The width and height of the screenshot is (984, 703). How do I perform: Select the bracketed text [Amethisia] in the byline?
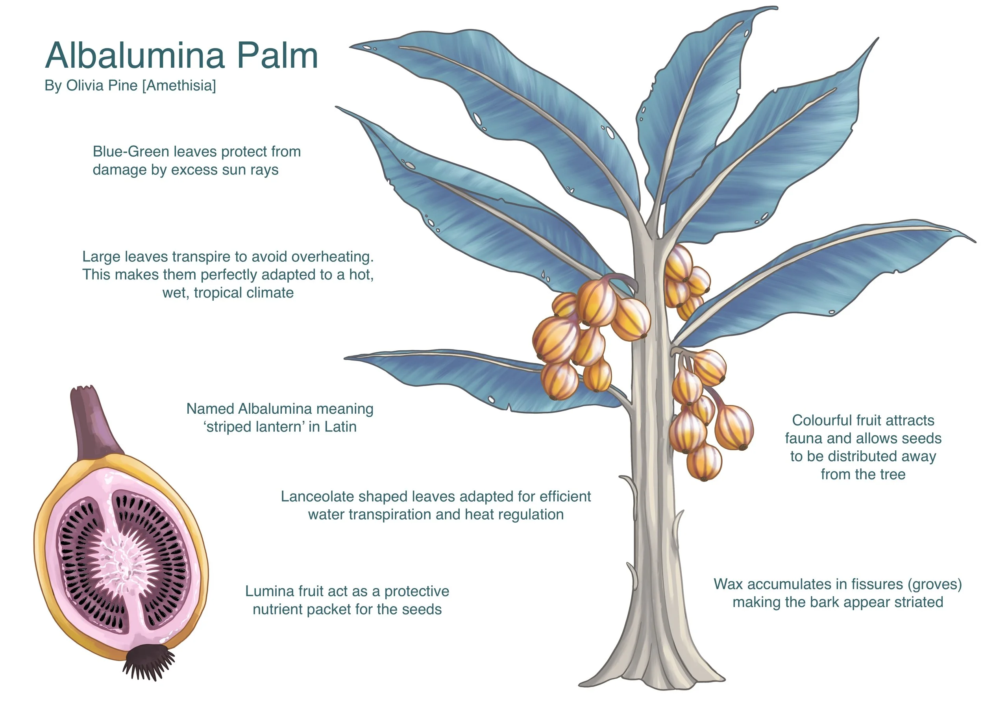click(x=179, y=85)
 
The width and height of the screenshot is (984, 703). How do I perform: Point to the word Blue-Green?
click(x=131, y=152)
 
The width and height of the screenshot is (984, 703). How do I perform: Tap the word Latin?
click(x=340, y=427)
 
